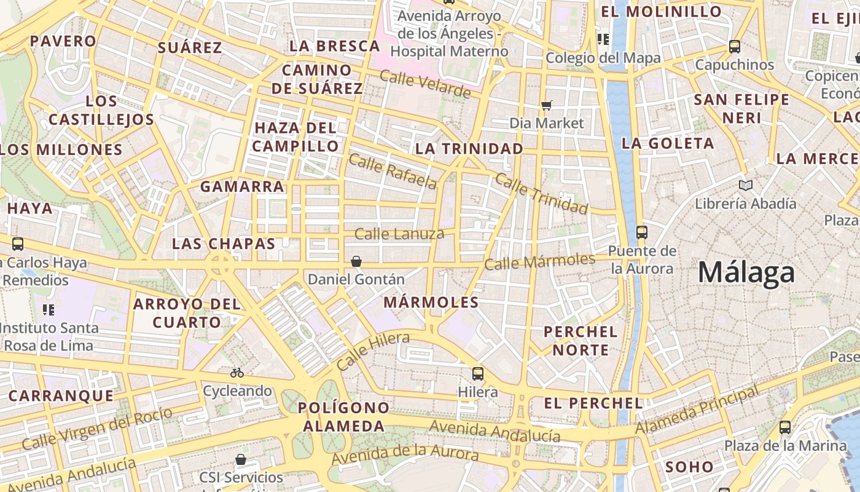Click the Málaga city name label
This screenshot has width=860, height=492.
click(x=746, y=272)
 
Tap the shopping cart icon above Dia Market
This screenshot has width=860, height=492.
click(x=547, y=105)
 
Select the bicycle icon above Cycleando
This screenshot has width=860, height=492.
click(x=237, y=373)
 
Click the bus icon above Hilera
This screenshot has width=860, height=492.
click(x=477, y=373)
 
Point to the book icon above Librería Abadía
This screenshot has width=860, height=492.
click(x=746, y=185)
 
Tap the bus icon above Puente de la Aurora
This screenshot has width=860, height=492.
click(x=642, y=232)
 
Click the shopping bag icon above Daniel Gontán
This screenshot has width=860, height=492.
click(x=356, y=261)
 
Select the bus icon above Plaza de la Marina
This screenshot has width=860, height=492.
click(x=785, y=427)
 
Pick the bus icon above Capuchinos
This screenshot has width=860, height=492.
click(x=734, y=46)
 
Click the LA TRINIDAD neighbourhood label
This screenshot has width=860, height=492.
click(x=469, y=149)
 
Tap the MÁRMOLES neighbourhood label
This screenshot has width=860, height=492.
click(x=431, y=302)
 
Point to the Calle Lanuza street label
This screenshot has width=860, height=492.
click(x=399, y=234)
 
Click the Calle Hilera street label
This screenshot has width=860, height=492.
click(x=373, y=351)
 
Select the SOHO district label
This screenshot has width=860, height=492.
click(x=689, y=467)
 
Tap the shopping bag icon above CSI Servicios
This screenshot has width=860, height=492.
click(x=241, y=459)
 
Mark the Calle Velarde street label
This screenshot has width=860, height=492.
click(x=425, y=84)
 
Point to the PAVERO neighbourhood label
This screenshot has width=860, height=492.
click(x=63, y=41)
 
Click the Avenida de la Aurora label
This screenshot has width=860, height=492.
click(x=405, y=455)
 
